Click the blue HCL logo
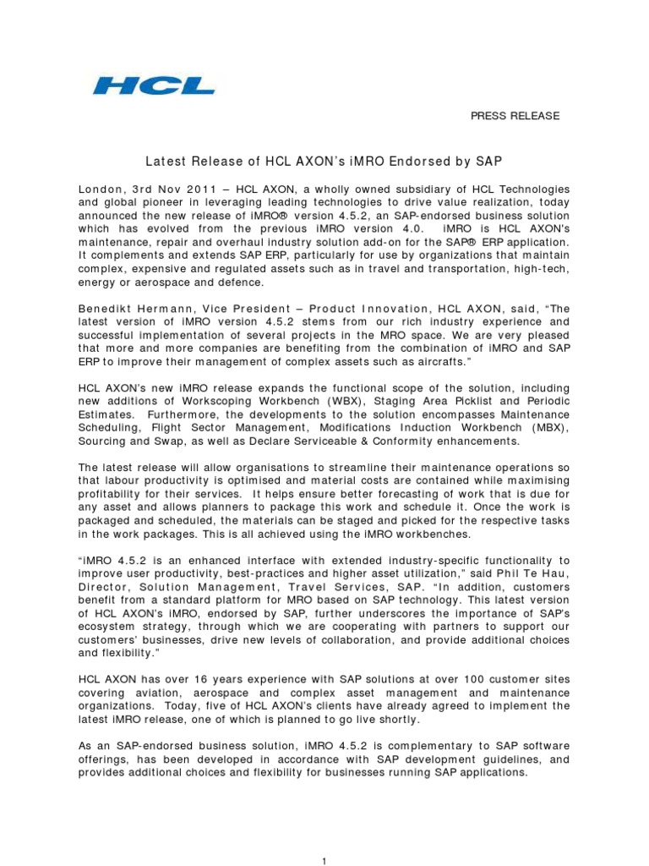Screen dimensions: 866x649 coord(153,85)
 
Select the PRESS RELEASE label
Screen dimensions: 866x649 coord(515,116)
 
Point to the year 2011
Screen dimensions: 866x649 coord(195,189)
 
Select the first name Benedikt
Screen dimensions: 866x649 coord(107,309)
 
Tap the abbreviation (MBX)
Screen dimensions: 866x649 coord(550,428)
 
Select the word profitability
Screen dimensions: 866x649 coord(111,494)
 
